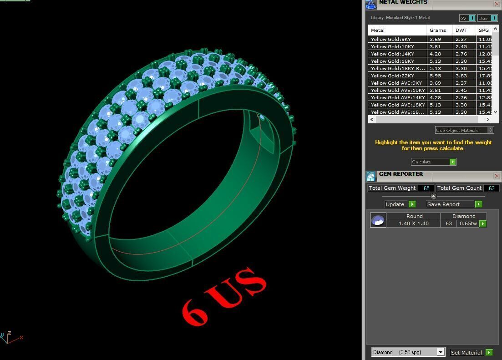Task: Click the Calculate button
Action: click(433, 162)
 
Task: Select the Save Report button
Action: click(453, 204)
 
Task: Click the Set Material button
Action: click(471, 352)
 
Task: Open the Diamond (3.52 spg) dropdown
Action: click(440, 352)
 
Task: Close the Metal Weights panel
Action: click(497, 4)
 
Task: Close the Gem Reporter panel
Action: click(497, 176)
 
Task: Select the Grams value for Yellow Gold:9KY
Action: click(435, 39)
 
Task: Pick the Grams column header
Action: click(438, 30)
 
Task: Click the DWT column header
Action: click(461, 30)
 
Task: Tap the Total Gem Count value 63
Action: click(491, 188)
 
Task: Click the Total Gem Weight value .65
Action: click(426, 188)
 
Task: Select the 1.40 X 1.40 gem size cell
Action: click(413, 223)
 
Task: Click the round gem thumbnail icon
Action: click(378, 220)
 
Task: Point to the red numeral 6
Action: click(195, 310)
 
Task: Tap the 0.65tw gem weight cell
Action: click(468, 223)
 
